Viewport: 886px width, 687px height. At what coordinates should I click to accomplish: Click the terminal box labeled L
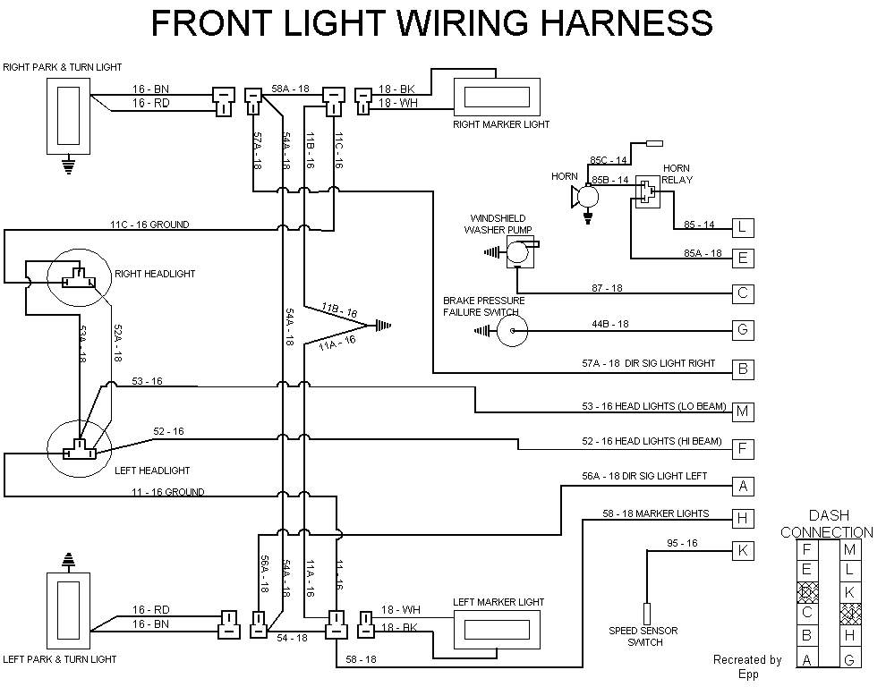pyautogui.click(x=743, y=227)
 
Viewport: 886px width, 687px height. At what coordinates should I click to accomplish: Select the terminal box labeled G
pyautogui.click(x=743, y=330)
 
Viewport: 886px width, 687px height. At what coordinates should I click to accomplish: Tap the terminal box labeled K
pyautogui.click(x=743, y=550)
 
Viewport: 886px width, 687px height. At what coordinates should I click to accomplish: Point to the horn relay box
pyautogui.click(x=646, y=191)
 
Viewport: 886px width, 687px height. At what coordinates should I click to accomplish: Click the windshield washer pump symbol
pyautogui.click(x=517, y=254)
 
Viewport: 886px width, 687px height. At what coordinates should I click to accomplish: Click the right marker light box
pyautogui.click(x=497, y=96)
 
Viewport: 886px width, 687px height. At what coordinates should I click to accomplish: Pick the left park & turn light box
pyautogui.click(x=67, y=614)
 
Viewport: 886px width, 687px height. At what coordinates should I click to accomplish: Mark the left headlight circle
pyautogui.click(x=79, y=447)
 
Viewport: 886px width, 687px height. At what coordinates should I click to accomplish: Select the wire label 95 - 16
pyautogui.click(x=682, y=543)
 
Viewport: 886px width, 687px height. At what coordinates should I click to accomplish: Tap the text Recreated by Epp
pyautogui.click(x=747, y=667)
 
